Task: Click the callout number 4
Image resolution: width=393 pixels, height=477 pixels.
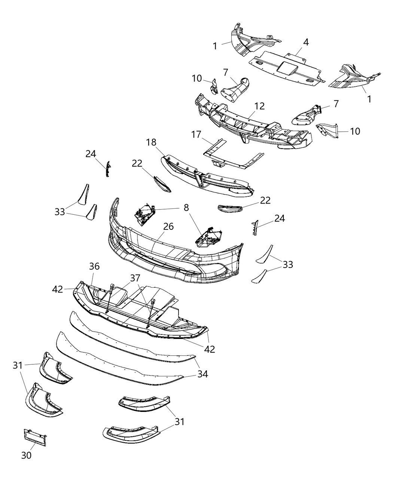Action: (x=306, y=42)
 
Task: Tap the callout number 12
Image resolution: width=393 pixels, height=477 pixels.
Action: (x=259, y=106)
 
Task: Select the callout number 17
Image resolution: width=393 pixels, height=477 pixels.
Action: (x=196, y=134)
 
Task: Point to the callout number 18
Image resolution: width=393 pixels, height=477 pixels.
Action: (x=152, y=142)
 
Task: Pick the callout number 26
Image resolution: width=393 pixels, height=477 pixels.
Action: (x=168, y=226)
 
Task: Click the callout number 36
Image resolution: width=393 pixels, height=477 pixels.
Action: (x=94, y=266)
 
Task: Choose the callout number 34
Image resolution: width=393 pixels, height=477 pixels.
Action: (x=202, y=374)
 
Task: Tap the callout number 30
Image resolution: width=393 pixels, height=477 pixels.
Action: (x=26, y=455)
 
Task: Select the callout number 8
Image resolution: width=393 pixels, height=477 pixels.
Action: (x=186, y=208)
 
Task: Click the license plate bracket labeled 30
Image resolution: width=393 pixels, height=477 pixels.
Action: (x=34, y=437)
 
